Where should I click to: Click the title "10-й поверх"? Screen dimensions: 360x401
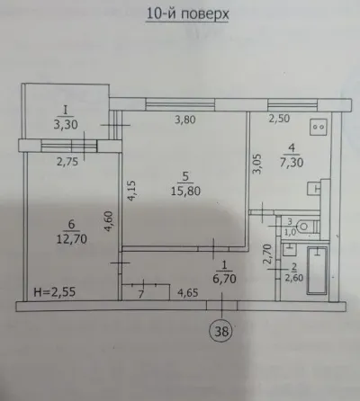pos(187,14)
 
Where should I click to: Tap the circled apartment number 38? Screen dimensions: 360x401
pos(221,331)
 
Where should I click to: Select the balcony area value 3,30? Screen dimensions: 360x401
pos(66,124)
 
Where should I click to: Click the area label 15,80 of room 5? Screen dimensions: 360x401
pos(185,191)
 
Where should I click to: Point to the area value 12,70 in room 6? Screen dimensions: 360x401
pos(72,239)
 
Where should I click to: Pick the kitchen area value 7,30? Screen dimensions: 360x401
pos(292,162)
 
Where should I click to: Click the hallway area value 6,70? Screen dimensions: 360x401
pos(224,279)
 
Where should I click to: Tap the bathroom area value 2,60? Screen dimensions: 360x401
pos(294,278)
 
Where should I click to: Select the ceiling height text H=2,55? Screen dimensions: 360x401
pos(54,291)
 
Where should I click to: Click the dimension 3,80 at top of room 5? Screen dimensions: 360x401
pos(185,120)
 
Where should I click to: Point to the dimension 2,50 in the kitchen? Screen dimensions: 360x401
pos(279,119)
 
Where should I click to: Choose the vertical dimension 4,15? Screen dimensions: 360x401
pos(132,191)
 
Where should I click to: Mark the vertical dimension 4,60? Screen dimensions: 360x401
pos(108,222)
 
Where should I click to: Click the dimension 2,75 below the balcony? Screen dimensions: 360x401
pos(67,162)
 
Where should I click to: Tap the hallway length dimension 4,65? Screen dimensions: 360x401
pos(188,292)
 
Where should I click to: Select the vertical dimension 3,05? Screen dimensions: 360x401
pos(257,164)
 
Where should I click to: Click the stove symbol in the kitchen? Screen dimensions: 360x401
pos(319,127)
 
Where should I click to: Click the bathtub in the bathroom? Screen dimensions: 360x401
pos(317,270)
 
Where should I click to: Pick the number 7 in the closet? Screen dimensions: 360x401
pos(140,294)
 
